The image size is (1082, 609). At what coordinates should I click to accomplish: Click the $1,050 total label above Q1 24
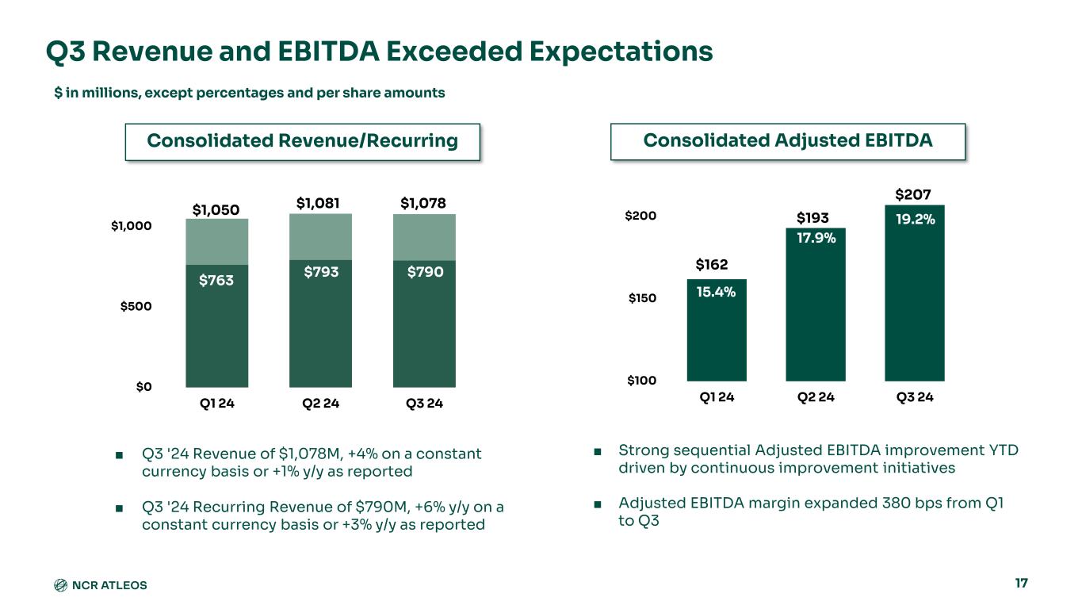216,209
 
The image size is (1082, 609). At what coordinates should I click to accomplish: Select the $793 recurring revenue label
321,272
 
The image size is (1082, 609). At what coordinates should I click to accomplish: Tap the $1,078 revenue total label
424,204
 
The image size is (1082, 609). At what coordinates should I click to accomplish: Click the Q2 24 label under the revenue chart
321,404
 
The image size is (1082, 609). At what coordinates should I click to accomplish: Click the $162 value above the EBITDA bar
712,264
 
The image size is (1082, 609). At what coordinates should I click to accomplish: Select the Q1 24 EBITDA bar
717,333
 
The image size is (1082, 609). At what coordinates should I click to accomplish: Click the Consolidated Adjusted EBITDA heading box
788,141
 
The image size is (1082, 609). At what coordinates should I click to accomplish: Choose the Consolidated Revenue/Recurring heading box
303,141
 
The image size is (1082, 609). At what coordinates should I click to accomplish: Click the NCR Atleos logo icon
60,585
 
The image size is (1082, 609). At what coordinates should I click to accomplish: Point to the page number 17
1021,584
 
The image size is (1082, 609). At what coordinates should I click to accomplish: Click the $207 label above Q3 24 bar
912,194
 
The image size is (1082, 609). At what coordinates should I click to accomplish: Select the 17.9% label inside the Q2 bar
816,237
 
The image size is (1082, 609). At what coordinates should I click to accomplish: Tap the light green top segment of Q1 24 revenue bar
216,241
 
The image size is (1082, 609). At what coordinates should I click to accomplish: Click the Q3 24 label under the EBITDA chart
914,397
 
